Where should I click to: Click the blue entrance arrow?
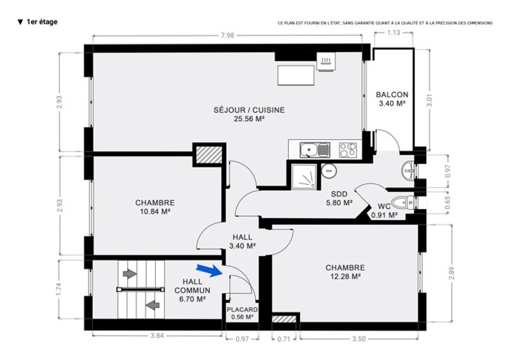pos(209,270)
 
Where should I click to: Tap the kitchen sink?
pos(315,150)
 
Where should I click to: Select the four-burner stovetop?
pos(348,150)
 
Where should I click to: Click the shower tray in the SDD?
pos(304,177)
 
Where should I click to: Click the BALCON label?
pos(392,95)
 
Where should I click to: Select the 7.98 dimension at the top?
pos(227,35)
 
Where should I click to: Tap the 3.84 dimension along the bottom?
pos(157,336)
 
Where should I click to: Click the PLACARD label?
pos(243,309)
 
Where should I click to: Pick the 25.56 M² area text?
pos(249,119)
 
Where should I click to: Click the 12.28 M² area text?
pos(345,276)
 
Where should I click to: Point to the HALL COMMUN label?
pos(192,286)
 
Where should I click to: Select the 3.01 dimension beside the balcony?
pos(430,100)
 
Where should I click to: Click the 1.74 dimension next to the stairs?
pos(58,290)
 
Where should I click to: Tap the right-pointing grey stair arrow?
pos(130,273)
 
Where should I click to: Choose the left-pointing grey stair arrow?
pos(152,305)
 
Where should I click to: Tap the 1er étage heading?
pos(37,21)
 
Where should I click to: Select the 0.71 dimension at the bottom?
pos(283,339)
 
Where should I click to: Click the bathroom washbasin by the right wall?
pos(408,170)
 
